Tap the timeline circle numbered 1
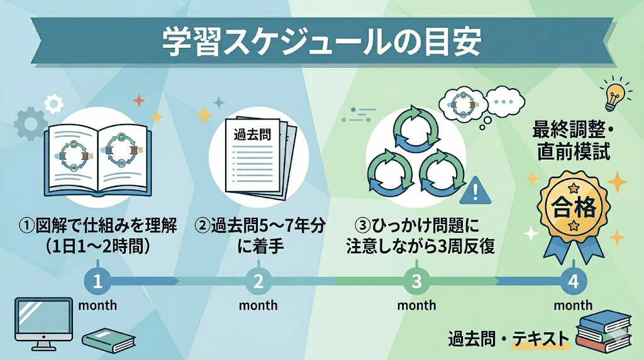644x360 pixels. pos(97,281)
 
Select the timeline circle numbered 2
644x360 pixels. pos(258,281)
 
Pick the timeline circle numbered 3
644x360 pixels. pos(416,281)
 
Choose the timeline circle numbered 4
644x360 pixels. pos(572,281)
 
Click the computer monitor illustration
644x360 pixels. pos(43,321)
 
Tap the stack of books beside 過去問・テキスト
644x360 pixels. pos(603,330)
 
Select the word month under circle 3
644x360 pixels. pos(416,306)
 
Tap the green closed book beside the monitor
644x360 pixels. pos(108,340)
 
